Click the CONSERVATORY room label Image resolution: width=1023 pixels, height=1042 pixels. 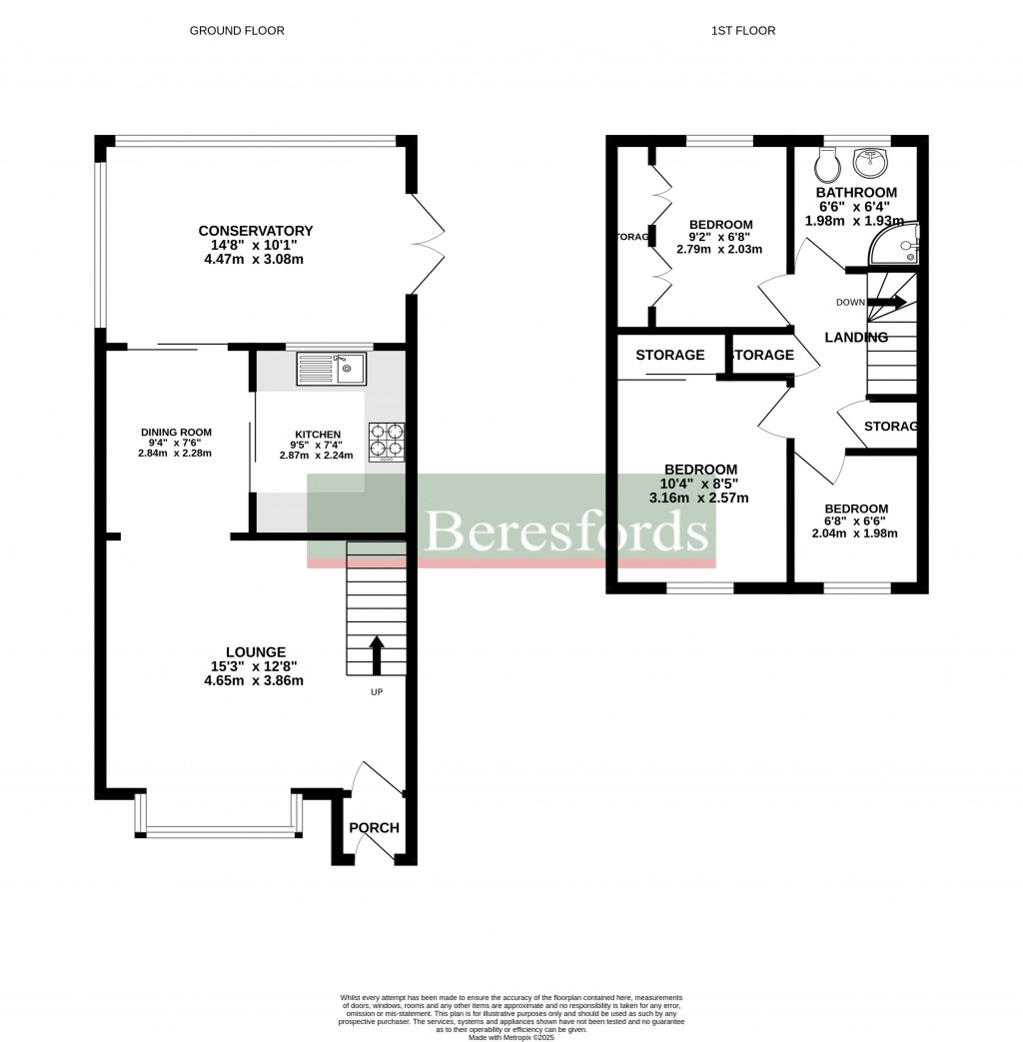click(x=255, y=231)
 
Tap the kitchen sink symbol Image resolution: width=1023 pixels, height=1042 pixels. click(x=332, y=369)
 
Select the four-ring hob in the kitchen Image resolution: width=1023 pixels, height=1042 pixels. click(x=388, y=441)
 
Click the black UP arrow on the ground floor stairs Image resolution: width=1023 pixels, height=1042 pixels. click(x=378, y=654)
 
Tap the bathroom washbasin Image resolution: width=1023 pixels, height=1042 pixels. click(x=872, y=160)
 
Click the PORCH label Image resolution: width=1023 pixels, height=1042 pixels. click(x=374, y=827)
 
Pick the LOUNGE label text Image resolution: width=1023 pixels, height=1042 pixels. click(x=255, y=651)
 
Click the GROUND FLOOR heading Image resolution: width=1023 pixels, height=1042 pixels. click(x=237, y=31)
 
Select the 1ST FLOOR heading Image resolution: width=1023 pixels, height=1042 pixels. click(x=742, y=31)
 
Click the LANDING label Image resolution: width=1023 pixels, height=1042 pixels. click(x=855, y=338)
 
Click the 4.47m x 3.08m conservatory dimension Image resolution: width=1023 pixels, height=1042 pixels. click(x=255, y=260)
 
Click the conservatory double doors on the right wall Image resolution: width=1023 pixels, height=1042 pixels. click(x=428, y=244)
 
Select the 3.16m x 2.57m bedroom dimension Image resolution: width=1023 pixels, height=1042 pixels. click(x=699, y=498)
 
